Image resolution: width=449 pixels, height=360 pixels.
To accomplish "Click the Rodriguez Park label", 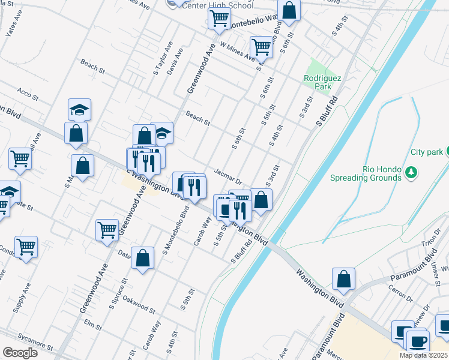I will (x=318, y=82).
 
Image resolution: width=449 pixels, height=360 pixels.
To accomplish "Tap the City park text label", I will (x=426, y=152).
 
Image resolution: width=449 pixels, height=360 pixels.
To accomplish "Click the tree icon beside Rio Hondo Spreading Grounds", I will (x=411, y=173).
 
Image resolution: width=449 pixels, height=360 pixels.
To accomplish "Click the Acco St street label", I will (x=28, y=95).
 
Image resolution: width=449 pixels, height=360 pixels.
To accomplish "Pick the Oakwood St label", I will (x=139, y=304).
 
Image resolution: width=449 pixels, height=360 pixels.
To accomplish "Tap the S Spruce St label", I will (x=117, y=293).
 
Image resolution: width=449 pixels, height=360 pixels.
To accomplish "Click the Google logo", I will (x=20, y=353).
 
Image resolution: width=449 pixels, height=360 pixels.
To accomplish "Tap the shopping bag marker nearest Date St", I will (x=142, y=259).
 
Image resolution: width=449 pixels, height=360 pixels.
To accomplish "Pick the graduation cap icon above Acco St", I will (x=79, y=110).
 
